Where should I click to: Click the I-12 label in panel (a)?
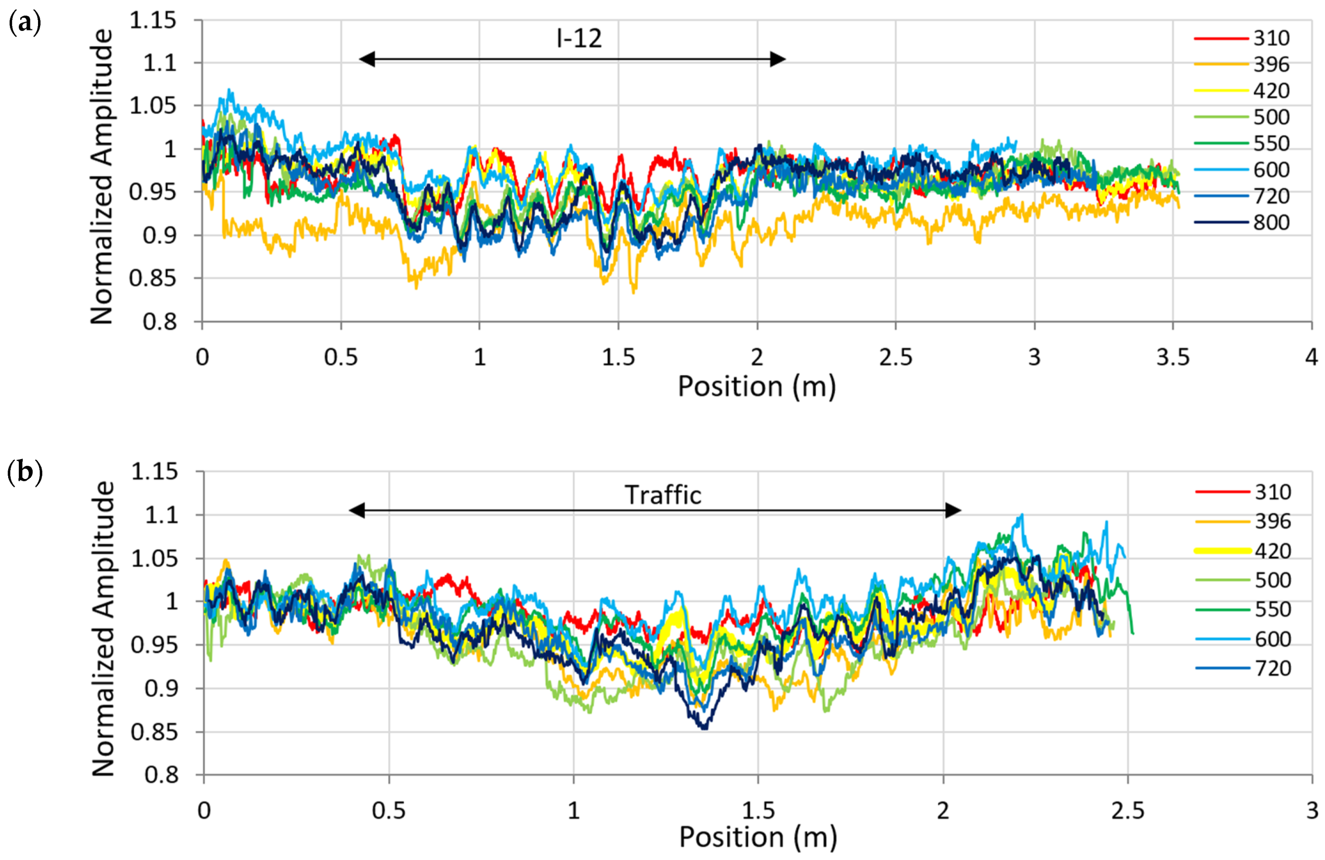[579, 39]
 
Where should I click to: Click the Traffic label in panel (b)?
[662, 495]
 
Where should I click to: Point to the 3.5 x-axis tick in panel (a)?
[1172, 357]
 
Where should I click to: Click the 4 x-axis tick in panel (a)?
[1311, 357]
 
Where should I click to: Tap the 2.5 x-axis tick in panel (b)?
[1127, 810]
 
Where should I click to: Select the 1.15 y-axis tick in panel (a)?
[153, 21]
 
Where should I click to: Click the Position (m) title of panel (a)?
[756, 386]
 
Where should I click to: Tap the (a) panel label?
[25, 23]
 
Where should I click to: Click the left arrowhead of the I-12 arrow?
[367, 59]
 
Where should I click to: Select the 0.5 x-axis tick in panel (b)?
[389, 810]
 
